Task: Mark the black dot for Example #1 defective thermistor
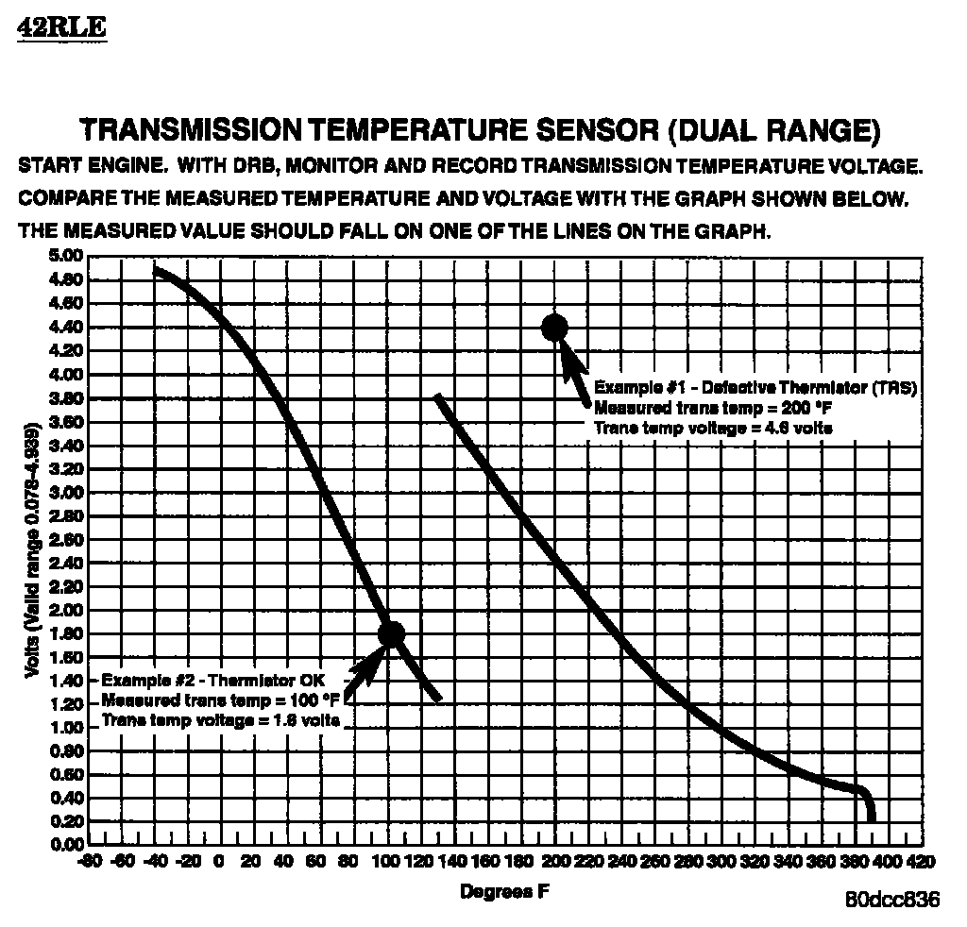554,327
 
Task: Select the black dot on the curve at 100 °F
391,634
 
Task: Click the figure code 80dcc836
892,900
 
